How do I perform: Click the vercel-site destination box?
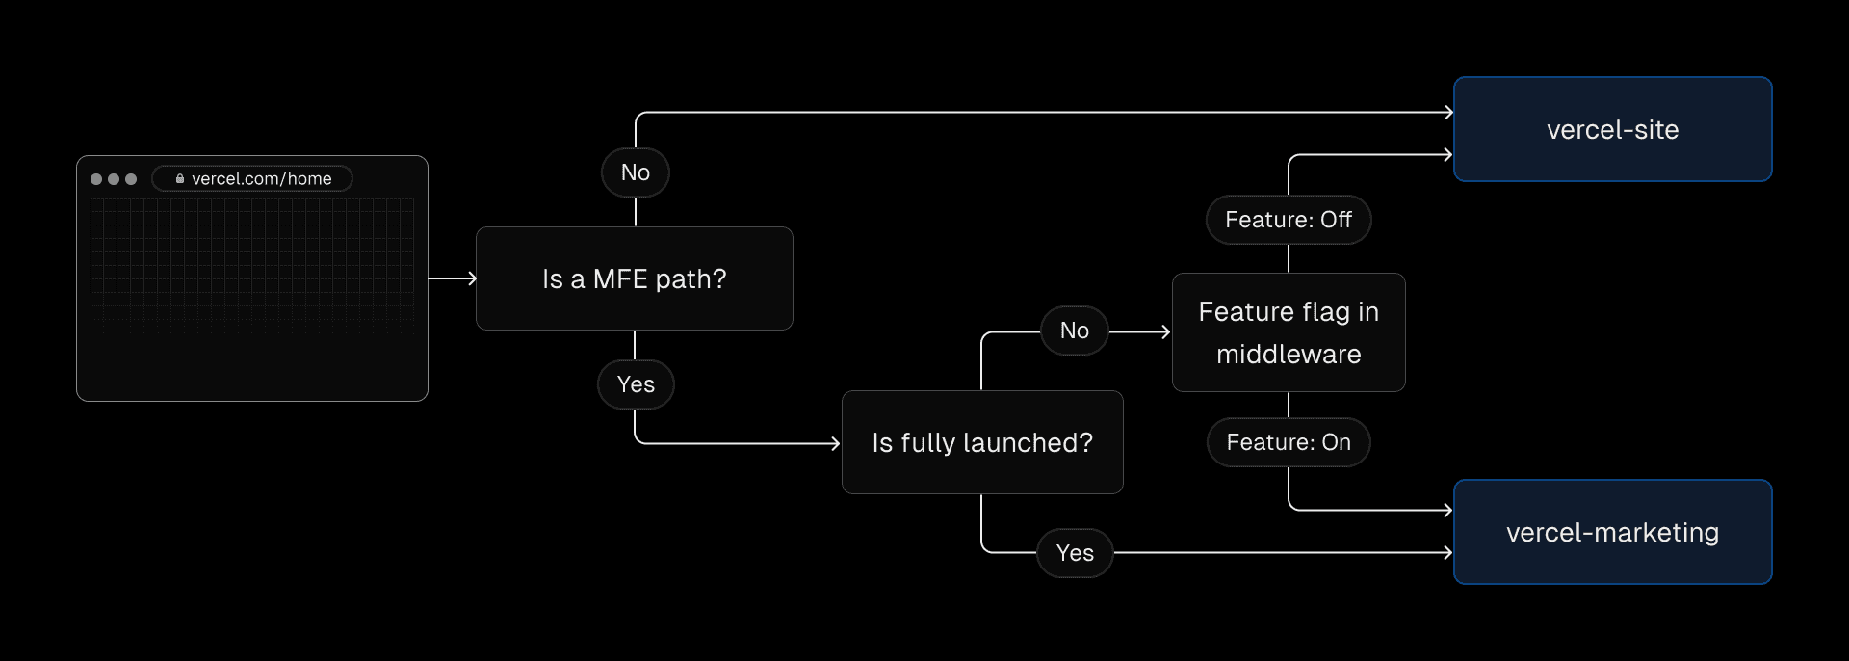(1612, 129)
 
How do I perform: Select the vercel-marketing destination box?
(1612, 532)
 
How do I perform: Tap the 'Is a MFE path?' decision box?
(634, 278)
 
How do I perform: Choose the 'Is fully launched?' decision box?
(981, 442)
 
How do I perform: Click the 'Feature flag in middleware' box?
(1288, 332)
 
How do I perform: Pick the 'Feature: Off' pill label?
(1288, 220)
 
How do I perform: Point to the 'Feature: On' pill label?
(1288, 442)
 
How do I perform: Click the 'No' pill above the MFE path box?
(635, 172)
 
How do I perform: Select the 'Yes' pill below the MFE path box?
(636, 384)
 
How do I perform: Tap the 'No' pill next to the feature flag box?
(1074, 330)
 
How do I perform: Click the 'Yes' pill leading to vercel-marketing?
(1075, 553)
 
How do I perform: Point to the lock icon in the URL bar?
(180, 178)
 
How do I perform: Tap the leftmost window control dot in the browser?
(96, 179)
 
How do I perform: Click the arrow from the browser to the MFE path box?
(452, 278)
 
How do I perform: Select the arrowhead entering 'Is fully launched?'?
(836, 443)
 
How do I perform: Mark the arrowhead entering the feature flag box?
(1165, 331)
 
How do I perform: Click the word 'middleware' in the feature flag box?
(1288, 355)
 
